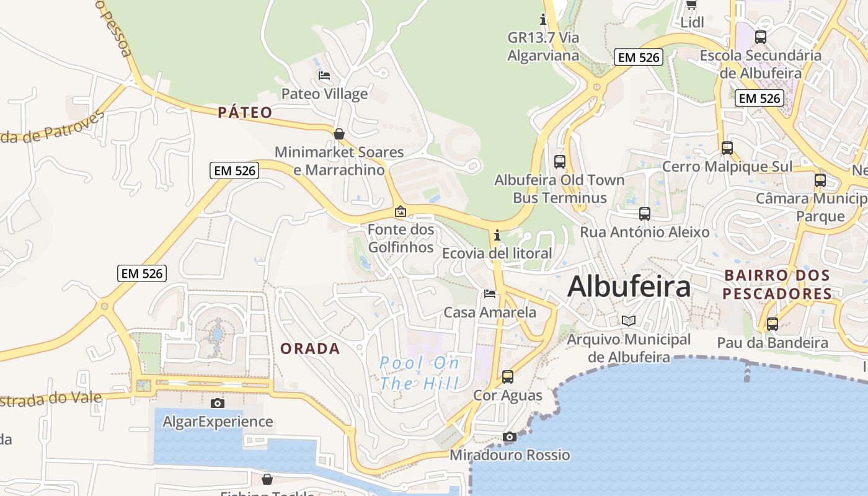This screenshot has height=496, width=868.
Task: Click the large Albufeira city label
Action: click(629, 286)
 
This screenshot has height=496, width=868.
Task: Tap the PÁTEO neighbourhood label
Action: click(245, 112)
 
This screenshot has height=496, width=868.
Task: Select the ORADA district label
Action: click(310, 348)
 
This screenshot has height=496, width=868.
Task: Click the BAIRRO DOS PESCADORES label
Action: click(777, 284)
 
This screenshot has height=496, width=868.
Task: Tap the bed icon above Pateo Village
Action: click(324, 76)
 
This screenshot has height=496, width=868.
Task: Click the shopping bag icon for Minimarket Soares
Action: click(339, 133)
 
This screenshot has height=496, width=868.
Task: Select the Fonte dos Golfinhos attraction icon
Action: click(401, 211)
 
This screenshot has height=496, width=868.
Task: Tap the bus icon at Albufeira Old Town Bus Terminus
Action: click(560, 162)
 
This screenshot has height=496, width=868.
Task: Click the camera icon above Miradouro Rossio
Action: click(509, 436)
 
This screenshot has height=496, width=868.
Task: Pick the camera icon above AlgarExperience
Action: click(218, 403)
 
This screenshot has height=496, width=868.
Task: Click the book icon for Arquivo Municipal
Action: click(629, 321)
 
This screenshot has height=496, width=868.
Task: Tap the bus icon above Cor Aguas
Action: click(508, 376)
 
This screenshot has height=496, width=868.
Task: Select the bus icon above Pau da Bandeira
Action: click(773, 324)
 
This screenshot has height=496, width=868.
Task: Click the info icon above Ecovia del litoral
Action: click(497, 235)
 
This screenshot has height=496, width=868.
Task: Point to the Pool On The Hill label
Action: click(419, 373)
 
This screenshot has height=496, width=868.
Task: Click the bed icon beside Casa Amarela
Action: click(490, 293)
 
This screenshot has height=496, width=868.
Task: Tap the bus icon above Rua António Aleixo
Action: click(645, 214)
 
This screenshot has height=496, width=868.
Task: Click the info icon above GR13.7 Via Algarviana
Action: click(543, 19)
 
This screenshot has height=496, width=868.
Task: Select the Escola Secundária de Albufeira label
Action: click(761, 64)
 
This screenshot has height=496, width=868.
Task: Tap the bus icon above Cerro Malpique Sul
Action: click(727, 148)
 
